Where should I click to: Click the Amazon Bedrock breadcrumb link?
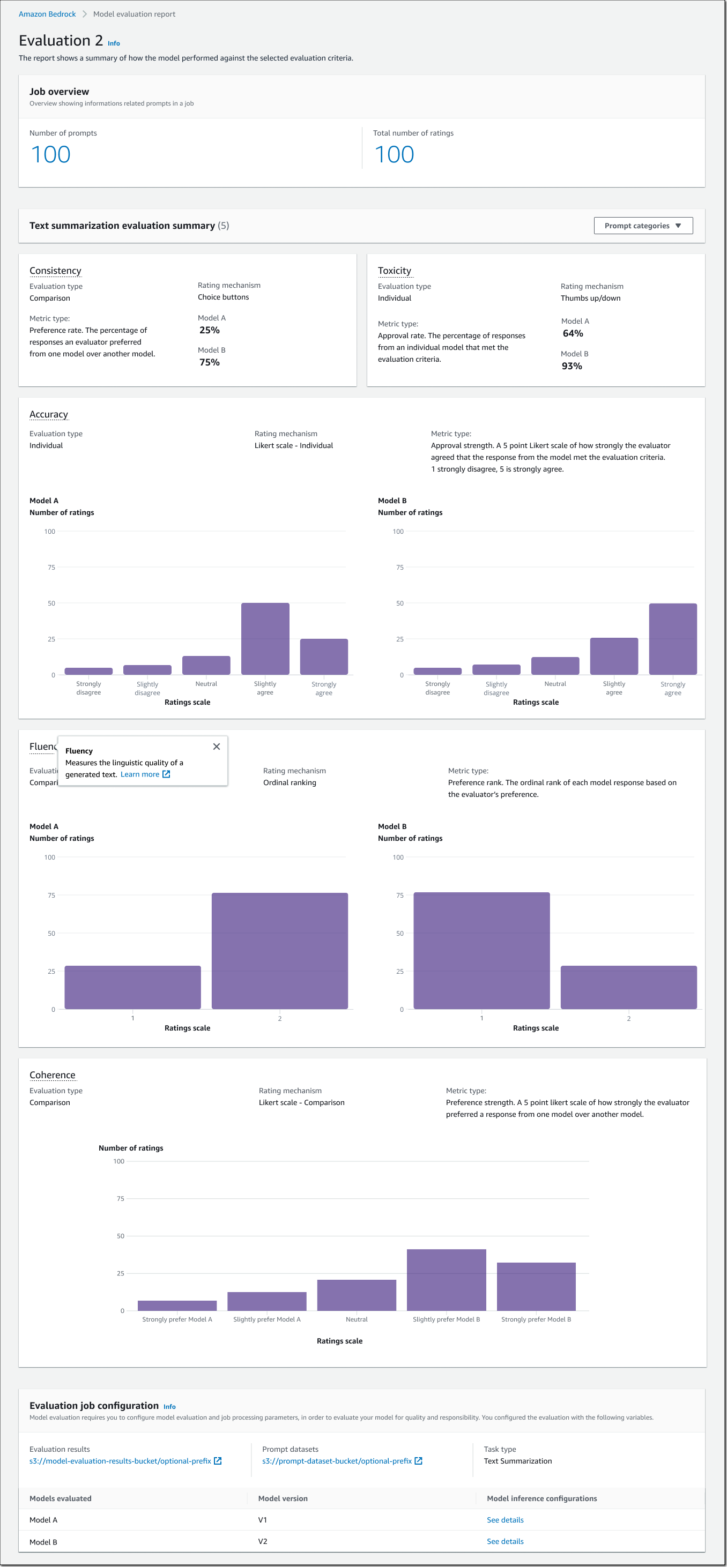[x=47, y=14]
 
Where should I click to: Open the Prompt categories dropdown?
[x=642, y=226]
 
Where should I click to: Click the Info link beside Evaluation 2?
[x=114, y=44]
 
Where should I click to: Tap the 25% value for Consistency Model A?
[x=209, y=330]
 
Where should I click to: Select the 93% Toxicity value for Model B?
[x=572, y=366]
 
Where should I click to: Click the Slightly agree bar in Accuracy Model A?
[x=265, y=639]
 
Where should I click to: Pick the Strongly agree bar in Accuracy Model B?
[x=672, y=639]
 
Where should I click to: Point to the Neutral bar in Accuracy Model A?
[x=206, y=665]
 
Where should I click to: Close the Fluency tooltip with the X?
[x=217, y=747]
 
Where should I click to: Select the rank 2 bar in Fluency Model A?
[x=279, y=951]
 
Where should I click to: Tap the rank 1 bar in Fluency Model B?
[x=481, y=951]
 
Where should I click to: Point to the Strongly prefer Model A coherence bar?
[x=177, y=1305]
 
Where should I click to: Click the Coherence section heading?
[x=53, y=1075]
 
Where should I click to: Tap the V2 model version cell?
[x=263, y=1541]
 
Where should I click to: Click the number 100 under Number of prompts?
[x=51, y=154]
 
